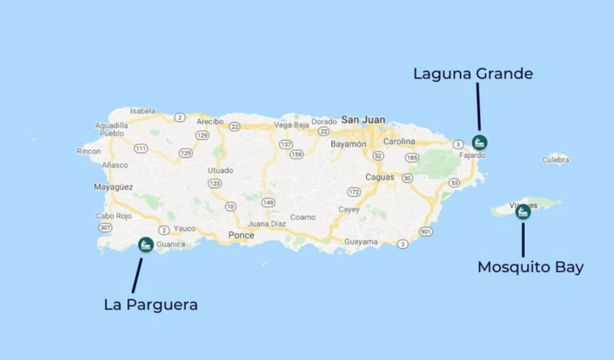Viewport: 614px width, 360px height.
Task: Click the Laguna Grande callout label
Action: point(473,73)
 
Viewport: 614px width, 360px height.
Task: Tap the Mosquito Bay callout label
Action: point(530,267)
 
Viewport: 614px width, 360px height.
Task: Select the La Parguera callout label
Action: point(151,305)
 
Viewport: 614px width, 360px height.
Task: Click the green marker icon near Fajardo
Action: point(479,141)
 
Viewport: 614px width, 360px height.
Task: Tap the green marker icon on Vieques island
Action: point(523,212)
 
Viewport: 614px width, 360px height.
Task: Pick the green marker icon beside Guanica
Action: point(146,244)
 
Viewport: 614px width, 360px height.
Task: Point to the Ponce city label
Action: point(241,236)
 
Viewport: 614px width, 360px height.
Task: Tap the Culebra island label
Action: point(556,160)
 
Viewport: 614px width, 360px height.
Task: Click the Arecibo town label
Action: point(210,121)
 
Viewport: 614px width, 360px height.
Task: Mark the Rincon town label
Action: point(89,151)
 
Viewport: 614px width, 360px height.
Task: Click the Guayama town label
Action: point(361,242)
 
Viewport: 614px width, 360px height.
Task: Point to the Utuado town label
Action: point(220,170)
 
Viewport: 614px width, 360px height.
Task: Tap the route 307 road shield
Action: point(104,228)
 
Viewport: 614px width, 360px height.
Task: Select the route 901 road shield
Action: point(426,232)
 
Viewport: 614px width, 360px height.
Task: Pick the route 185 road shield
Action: point(412,158)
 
